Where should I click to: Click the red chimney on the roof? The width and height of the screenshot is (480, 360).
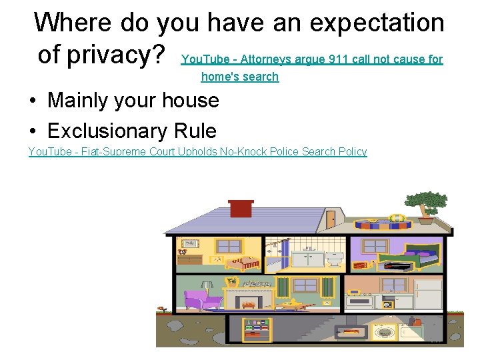coord(241,208)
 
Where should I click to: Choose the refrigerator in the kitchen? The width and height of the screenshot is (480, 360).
coord(428,293)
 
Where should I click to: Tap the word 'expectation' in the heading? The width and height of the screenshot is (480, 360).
coord(376,23)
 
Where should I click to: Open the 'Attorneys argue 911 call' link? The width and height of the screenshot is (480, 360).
coord(312,60)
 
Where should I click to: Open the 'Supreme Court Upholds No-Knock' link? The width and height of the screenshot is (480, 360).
coord(197,152)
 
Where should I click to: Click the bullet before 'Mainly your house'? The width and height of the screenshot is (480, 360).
coord(33,101)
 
